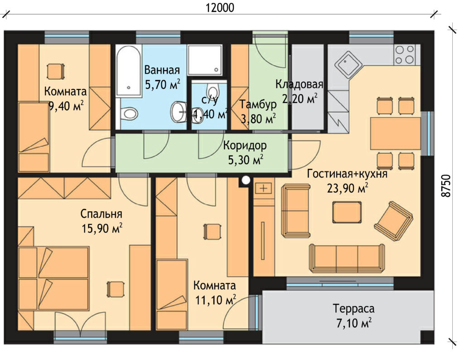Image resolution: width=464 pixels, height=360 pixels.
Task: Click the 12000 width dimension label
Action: tap(220, 8)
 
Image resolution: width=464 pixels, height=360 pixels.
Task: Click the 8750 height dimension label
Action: tap(446, 185)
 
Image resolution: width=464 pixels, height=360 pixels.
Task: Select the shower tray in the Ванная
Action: tap(205, 60)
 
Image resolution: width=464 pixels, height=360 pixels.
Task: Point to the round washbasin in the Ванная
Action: tap(178, 112)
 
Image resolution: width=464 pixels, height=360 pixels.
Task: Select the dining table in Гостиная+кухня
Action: tap(395, 133)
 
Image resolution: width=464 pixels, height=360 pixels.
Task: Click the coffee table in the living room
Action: tap(347, 212)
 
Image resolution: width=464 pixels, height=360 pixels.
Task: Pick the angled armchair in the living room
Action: tap(394, 219)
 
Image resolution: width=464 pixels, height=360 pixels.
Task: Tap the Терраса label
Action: tap(353, 309)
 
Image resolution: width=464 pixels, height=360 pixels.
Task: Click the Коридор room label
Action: tap(245, 146)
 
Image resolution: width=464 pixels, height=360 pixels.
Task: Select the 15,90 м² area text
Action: tap(102, 228)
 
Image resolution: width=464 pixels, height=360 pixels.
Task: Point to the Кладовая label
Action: tap(299, 84)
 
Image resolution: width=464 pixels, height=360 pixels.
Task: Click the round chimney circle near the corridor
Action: tap(246, 180)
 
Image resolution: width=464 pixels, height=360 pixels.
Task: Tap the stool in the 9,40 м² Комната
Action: tap(56, 71)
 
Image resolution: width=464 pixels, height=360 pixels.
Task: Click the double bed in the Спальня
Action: tap(53, 278)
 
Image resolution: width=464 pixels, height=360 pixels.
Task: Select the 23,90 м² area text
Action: tap(348, 188)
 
